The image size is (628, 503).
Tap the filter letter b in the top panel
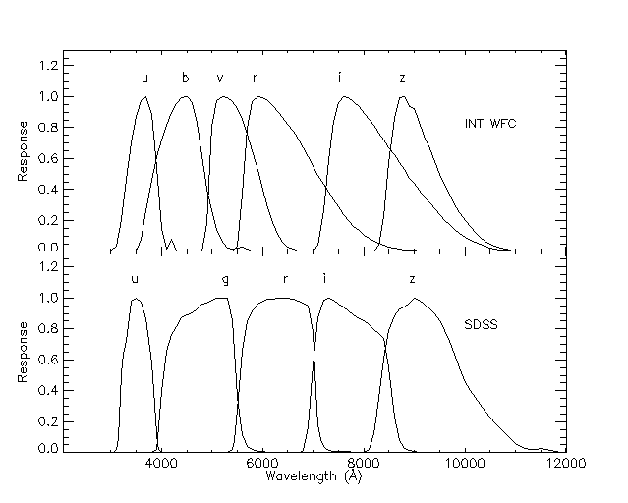pyautogui.click(x=185, y=78)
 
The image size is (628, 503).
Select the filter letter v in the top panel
pyautogui.click(x=220, y=78)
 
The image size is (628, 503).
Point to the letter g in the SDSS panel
pyautogui.click(x=227, y=280)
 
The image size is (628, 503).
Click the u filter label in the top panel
pyautogui.click(x=144, y=78)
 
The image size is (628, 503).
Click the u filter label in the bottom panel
pyautogui.click(x=135, y=279)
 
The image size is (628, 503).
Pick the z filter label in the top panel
pyautogui.click(x=402, y=78)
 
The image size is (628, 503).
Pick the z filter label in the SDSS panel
pyautogui.click(x=413, y=279)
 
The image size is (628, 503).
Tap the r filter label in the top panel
pyautogui.click(x=255, y=78)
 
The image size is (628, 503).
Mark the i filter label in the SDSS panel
pyautogui.click(x=324, y=278)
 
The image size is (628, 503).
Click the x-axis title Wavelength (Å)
pyautogui.click(x=314, y=475)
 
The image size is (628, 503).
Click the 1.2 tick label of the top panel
pyautogui.click(x=48, y=66)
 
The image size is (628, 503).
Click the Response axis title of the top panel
pyautogui.click(x=22, y=156)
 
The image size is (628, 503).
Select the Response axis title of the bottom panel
pyautogui.click(x=22, y=358)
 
